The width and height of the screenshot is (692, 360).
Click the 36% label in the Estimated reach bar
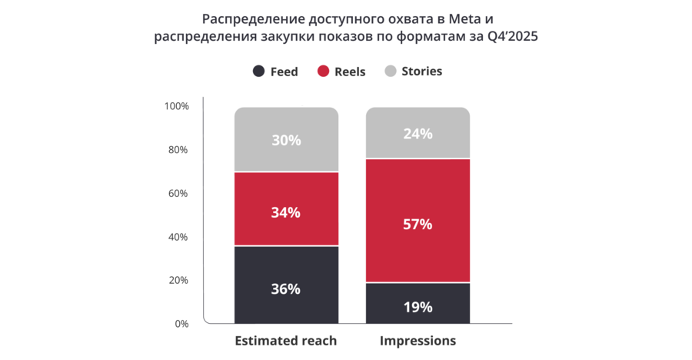pos(285,289)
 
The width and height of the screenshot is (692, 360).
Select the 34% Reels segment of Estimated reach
pos(285,212)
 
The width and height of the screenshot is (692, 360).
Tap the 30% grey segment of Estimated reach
pos(285,140)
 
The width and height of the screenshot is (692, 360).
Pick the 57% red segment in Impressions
pos(418,225)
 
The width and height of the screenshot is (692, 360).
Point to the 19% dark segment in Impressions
pos(418,307)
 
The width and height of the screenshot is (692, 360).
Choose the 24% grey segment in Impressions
pos(418,133)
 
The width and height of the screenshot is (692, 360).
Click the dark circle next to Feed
pos(259,72)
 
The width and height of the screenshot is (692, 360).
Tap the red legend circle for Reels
pos(324,72)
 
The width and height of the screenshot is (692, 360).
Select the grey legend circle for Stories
pos(391,72)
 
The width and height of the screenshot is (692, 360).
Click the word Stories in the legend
pos(421,72)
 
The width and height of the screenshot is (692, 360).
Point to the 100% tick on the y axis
pos(177,106)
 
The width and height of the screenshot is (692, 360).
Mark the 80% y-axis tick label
pos(178,149)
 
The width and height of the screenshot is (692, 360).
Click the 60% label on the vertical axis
pos(178,193)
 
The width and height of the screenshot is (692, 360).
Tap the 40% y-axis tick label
pos(178,237)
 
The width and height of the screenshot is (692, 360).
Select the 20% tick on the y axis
pos(178,280)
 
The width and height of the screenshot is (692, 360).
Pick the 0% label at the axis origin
pos(181,324)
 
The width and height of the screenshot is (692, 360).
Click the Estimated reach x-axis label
pos(285,340)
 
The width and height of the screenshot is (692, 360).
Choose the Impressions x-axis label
pos(418,340)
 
